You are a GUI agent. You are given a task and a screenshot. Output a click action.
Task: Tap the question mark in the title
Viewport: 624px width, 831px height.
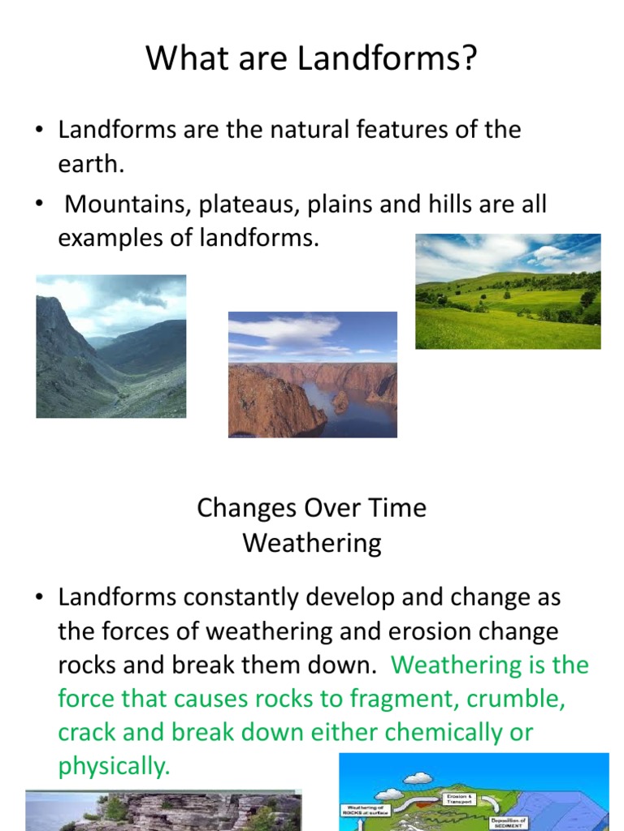coord(470,61)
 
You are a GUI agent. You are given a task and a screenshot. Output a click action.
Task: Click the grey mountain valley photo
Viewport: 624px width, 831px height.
coord(111,346)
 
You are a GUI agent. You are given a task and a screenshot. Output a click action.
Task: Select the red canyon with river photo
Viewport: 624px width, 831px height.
coord(312,374)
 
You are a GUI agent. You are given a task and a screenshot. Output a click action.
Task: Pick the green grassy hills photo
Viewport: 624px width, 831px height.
coord(508,291)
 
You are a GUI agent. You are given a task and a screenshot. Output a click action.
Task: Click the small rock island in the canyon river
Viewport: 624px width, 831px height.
coord(340,400)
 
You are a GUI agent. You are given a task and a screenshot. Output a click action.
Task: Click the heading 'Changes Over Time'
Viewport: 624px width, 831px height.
coord(311,508)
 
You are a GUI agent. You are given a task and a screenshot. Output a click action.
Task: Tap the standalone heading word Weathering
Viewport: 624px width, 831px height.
coord(311,543)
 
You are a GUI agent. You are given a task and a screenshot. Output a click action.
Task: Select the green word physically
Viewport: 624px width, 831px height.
coord(113,766)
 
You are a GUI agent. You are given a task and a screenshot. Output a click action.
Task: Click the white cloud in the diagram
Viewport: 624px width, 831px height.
coord(418,778)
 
